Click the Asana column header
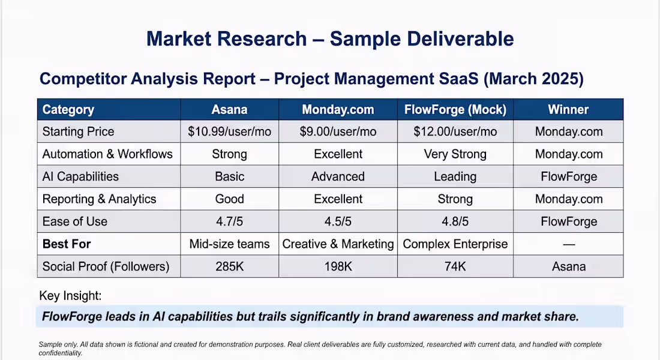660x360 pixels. click(x=229, y=109)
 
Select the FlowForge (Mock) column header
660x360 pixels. click(x=455, y=109)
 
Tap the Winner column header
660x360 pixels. click(x=568, y=109)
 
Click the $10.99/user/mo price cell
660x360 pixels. click(x=229, y=132)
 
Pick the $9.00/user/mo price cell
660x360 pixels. click(x=338, y=132)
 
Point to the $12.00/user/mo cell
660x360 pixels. click(x=455, y=132)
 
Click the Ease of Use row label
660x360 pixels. click(x=75, y=221)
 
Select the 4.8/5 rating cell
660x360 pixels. click(x=455, y=221)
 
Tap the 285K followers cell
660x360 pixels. click(x=229, y=266)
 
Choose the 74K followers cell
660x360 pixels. click(x=455, y=266)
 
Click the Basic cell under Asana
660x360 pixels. click(x=229, y=176)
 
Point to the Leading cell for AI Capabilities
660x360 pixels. click(x=455, y=177)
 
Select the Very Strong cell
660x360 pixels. click(x=455, y=155)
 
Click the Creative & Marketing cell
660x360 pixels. click(x=338, y=244)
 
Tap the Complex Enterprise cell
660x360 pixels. click(x=455, y=244)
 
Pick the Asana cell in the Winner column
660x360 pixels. click(x=569, y=266)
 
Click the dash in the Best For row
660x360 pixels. click(x=569, y=244)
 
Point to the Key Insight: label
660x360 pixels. click(x=70, y=296)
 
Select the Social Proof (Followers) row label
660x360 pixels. click(x=106, y=266)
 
